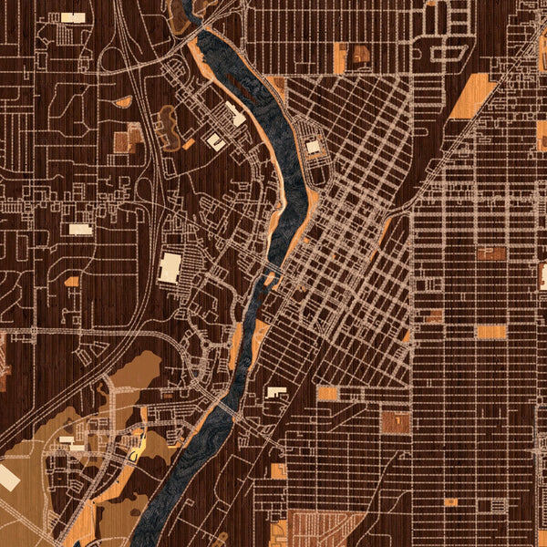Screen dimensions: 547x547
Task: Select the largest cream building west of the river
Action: click(170, 267)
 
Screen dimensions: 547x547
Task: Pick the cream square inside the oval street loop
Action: click(313, 146)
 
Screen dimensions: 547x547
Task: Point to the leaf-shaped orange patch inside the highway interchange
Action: click(123, 102)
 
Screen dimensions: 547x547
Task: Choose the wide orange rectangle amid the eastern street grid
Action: click(490, 332)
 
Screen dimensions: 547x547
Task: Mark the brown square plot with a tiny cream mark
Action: click(396, 421)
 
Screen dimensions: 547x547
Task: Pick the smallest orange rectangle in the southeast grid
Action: click(450, 501)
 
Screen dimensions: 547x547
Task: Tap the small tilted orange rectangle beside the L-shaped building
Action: click(188, 143)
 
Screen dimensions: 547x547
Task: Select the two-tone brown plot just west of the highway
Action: click(127, 139)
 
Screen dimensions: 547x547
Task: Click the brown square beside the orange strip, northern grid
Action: click(361, 54)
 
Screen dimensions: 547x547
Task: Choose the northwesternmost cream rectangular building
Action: click(73, 17)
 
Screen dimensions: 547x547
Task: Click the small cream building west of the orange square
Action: click(275, 392)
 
